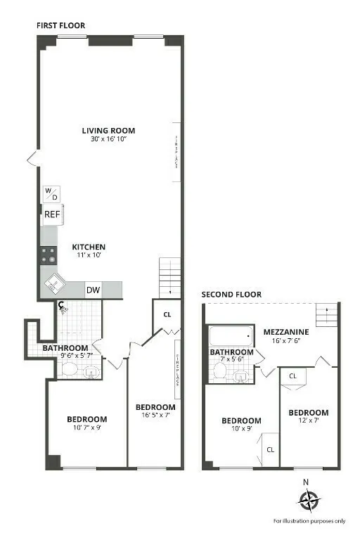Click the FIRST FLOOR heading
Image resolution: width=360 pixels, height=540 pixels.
(60, 25)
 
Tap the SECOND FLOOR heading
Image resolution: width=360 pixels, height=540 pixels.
(231, 295)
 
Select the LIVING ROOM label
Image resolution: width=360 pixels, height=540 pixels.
(108, 130)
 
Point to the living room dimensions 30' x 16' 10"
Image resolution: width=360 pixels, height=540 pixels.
(108, 139)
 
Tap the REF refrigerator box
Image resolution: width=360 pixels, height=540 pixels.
(52, 214)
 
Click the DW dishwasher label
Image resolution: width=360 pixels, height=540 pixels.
(94, 290)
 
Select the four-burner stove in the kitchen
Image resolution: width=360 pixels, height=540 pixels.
(49, 254)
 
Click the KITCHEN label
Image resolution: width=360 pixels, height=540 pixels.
(89, 247)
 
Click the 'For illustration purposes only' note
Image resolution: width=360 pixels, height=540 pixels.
(309, 521)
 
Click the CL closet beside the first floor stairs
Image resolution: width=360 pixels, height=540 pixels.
(167, 315)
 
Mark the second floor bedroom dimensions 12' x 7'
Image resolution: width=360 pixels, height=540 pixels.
(309, 421)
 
